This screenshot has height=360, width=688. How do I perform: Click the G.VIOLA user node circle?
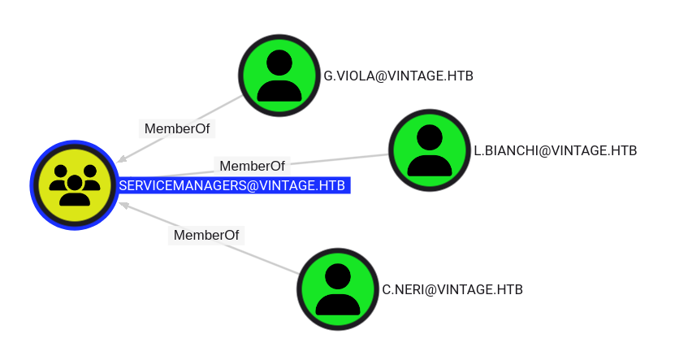tap(279, 75)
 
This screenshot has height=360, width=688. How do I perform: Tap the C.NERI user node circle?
tap(338, 288)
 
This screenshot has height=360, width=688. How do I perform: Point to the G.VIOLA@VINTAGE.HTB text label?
tap(398, 76)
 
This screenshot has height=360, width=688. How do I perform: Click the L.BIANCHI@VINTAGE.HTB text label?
tap(555, 150)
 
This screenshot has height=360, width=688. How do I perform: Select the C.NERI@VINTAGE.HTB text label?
tap(452, 289)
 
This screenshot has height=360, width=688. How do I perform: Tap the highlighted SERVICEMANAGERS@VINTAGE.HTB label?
tap(232, 186)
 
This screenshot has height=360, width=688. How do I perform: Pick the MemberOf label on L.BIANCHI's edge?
tap(253, 166)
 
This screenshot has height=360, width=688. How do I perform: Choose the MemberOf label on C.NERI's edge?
tap(207, 235)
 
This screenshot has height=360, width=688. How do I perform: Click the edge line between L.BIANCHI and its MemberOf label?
tap(341, 159)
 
